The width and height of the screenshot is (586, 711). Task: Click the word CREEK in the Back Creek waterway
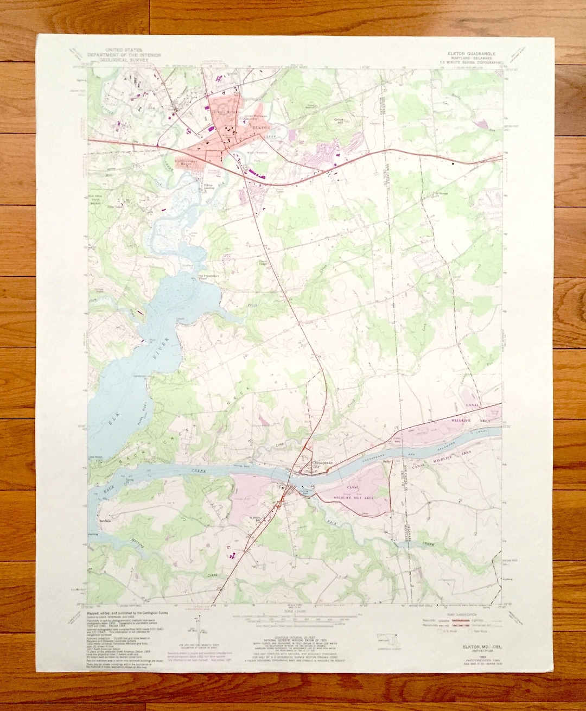click(200, 471)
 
